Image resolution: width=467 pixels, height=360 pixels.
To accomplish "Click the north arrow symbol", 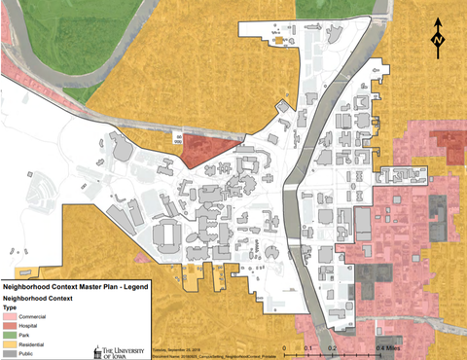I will coord(438,34).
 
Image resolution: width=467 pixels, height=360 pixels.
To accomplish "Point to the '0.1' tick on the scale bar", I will coord(306,345).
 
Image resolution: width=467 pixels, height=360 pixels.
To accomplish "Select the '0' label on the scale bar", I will coord(283,345).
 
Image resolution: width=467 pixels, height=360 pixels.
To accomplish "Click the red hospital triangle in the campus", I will coord(204,151).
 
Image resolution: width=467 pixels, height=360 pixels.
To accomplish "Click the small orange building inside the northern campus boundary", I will coord(279,40).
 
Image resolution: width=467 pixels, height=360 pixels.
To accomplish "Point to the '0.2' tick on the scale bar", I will coord(332,345).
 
